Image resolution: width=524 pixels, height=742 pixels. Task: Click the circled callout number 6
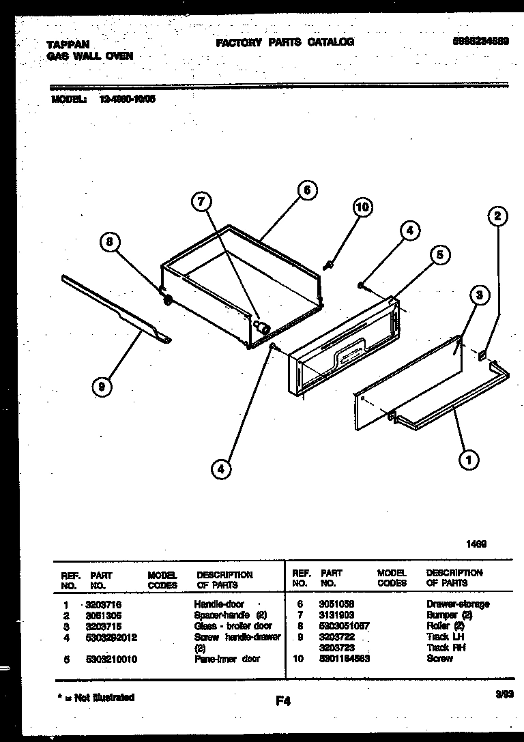tap(307, 190)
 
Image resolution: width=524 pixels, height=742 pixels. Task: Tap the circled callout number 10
tap(363, 207)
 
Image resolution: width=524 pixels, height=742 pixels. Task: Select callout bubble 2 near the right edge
tap(497, 217)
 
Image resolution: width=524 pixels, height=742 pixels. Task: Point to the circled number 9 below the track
tap(102, 387)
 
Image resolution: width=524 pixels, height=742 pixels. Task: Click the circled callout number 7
tap(201, 201)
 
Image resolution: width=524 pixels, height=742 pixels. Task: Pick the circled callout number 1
tap(468, 460)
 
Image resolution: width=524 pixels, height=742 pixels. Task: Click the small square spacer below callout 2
tap(483, 354)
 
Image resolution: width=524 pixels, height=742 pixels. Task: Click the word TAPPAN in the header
tap(68, 44)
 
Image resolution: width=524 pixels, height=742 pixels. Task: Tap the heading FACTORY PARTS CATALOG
tap(285, 42)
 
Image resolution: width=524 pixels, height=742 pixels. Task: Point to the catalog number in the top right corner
tap(482, 42)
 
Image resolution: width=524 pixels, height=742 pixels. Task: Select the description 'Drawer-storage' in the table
tap(458, 604)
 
